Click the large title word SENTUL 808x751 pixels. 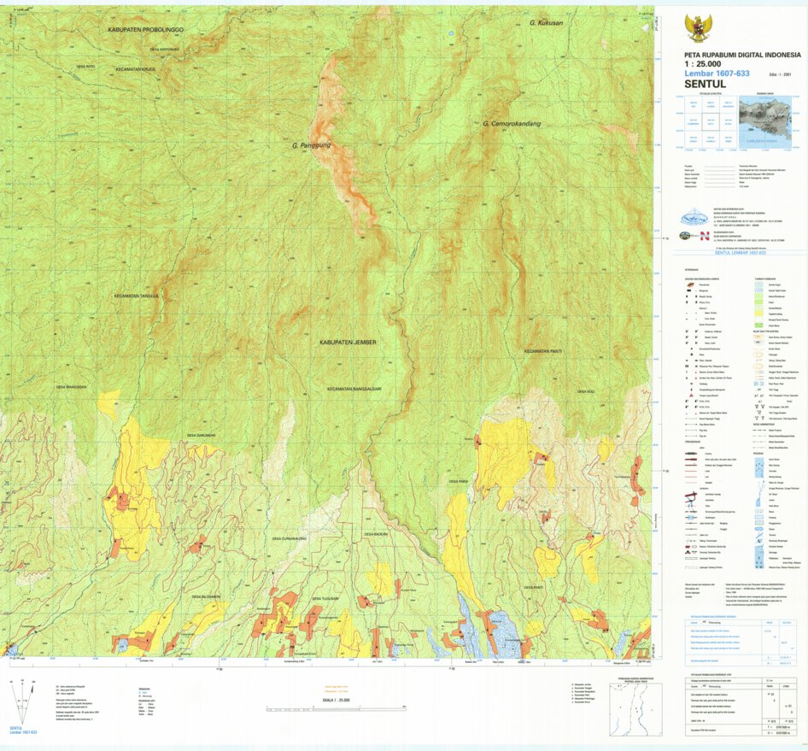coord(705,84)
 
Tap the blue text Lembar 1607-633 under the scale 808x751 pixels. coord(717,73)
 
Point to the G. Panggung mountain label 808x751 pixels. coord(310,145)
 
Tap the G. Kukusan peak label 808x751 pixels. coord(547,23)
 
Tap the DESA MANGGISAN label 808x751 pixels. coord(72,386)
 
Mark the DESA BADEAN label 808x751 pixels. coord(377,534)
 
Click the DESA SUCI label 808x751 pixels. coord(585,391)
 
